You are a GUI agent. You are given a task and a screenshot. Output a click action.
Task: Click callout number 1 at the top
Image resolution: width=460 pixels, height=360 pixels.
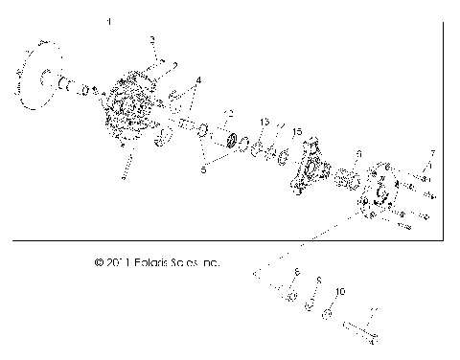pyautogui.click(x=109, y=21)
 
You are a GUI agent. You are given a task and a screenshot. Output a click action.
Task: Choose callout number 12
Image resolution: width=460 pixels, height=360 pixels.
pyautogui.click(x=227, y=113)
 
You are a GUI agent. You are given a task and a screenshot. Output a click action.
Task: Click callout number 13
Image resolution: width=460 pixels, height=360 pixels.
pyautogui.click(x=264, y=123)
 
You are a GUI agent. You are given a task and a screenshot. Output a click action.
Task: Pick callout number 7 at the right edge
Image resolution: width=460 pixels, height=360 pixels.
pyautogui.click(x=432, y=153)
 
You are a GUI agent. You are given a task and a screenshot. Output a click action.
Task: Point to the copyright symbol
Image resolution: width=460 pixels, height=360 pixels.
pyautogui.click(x=99, y=260)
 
